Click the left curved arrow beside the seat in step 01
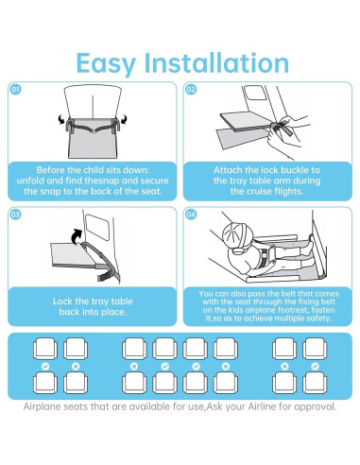point(62,120)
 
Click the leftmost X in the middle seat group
point(135,365)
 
